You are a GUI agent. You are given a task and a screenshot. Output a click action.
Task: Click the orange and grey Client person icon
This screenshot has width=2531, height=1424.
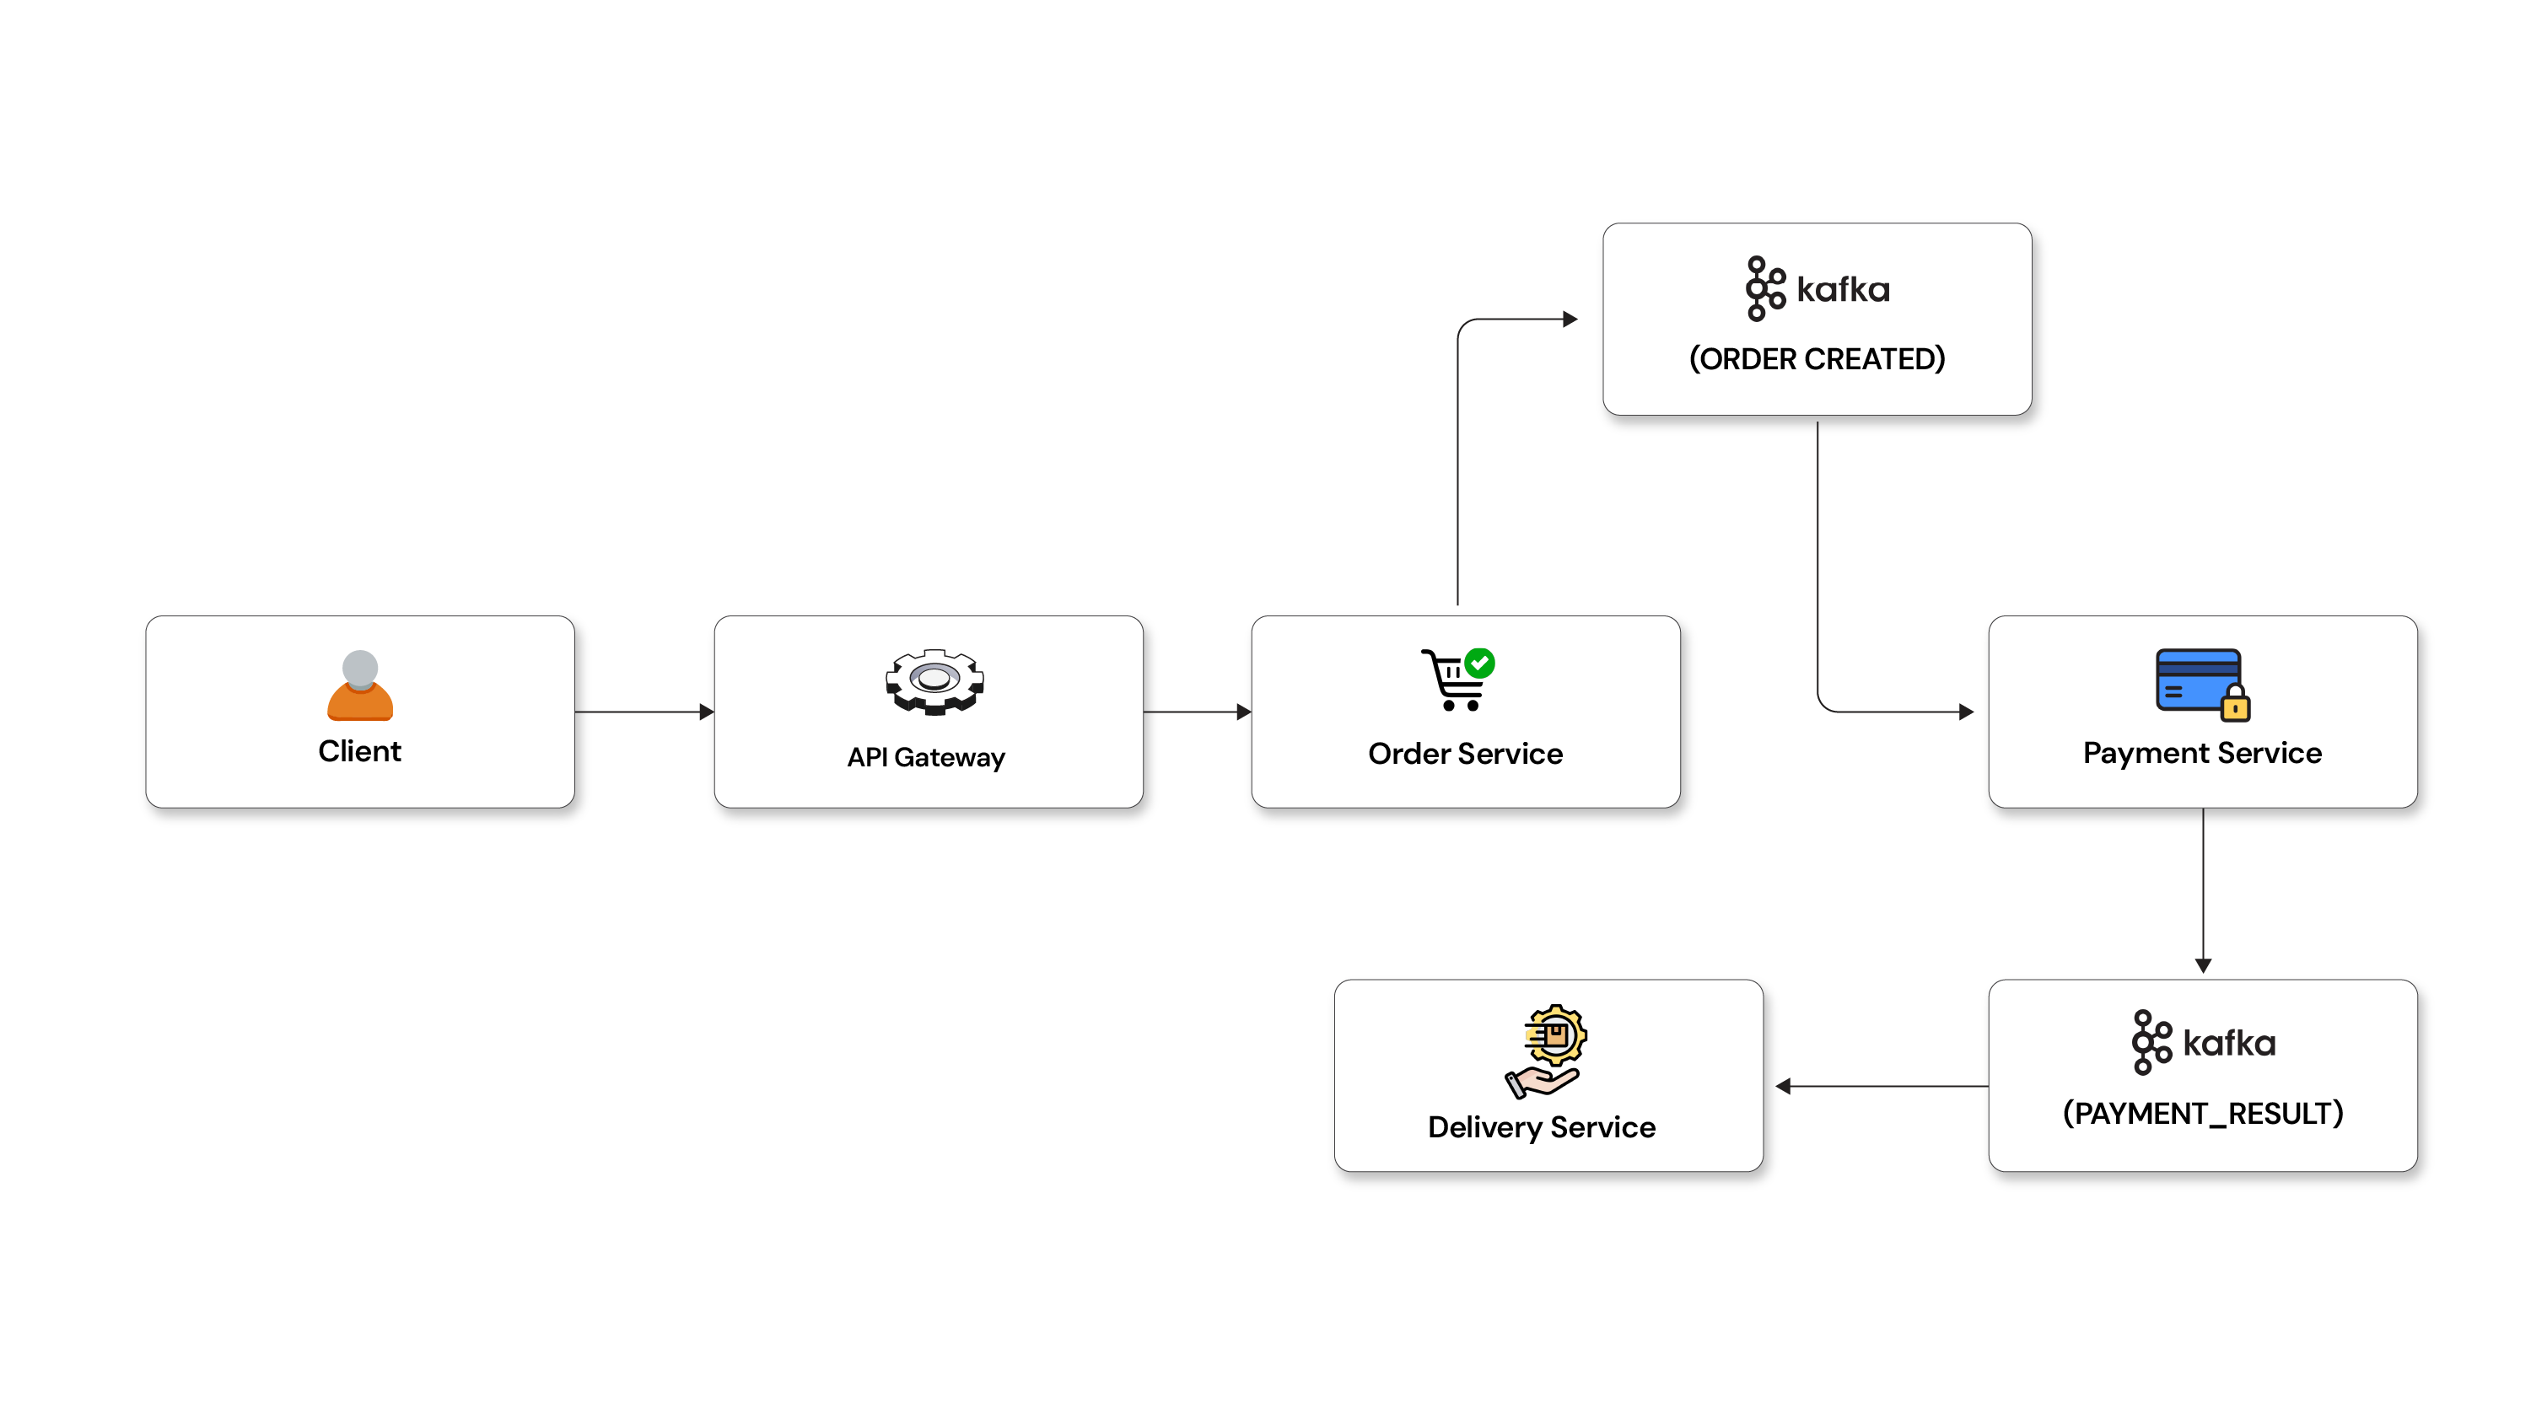(359, 685)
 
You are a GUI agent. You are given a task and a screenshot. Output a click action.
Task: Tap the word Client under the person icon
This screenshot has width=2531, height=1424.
(359, 751)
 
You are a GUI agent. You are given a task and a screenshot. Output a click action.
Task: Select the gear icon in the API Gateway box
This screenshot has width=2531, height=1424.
(934, 680)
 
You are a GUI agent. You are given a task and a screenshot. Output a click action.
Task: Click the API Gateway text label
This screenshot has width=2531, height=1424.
(927, 757)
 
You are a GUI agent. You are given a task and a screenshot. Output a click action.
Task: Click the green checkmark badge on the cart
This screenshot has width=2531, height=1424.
(1479, 663)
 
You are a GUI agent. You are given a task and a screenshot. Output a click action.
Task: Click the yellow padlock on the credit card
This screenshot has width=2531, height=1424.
(2235, 702)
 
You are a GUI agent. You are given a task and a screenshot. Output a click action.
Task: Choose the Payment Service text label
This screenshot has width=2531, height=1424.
(2202, 753)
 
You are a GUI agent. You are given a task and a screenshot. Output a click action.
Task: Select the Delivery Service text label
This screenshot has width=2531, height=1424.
(1542, 1127)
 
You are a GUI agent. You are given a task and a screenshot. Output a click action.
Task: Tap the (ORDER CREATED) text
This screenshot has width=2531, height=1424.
(1817, 358)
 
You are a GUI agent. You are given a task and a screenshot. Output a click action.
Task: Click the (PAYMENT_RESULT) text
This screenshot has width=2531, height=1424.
(2203, 1114)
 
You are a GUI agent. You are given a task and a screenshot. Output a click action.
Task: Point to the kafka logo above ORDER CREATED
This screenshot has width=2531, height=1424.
(1817, 288)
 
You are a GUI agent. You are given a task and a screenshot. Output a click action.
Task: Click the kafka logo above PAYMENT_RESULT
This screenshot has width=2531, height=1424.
(2203, 1043)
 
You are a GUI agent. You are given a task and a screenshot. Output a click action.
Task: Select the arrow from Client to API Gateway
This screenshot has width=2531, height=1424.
(644, 712)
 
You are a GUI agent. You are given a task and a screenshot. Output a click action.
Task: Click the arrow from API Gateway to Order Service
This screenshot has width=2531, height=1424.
(1198, 712)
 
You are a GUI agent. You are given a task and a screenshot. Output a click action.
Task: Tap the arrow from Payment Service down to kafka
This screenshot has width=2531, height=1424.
(2203, 890)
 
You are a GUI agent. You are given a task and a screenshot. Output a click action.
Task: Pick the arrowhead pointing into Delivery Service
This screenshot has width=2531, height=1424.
(1783, 1086)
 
